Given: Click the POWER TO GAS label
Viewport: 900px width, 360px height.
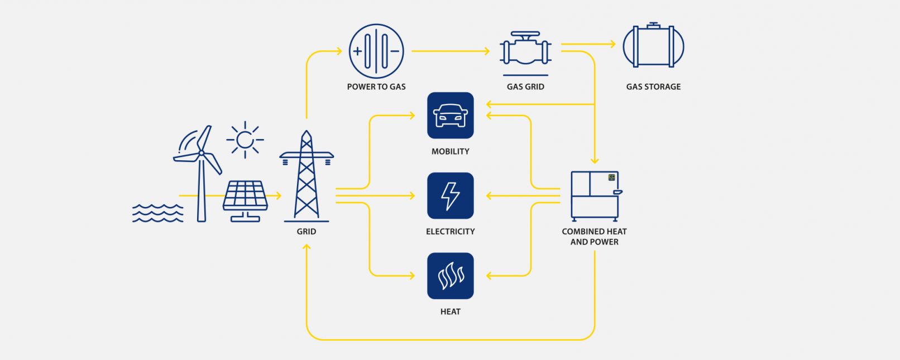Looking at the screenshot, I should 376,87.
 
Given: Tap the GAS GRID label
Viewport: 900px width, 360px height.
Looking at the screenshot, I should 525,87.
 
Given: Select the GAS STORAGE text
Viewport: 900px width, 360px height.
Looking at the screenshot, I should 653,87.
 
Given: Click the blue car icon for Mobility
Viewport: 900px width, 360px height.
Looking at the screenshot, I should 450,116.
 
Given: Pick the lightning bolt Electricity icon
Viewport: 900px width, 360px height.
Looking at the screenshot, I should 450,195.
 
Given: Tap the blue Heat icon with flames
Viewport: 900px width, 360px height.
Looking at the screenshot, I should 450,276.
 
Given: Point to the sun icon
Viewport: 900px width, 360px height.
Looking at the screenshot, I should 245,140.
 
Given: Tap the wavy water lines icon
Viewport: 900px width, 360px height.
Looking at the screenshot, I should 157,213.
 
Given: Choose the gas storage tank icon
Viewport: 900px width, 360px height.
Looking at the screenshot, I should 653,46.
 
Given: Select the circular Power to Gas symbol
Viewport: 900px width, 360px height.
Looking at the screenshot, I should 376,51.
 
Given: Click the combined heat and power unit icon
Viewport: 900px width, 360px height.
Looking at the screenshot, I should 595,195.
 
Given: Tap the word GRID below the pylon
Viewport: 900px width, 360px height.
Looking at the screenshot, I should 307,231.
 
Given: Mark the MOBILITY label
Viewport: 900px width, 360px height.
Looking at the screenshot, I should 450,151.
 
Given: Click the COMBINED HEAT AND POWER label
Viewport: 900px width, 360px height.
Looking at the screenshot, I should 594,237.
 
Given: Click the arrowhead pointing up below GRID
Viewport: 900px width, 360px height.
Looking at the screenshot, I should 307,247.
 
